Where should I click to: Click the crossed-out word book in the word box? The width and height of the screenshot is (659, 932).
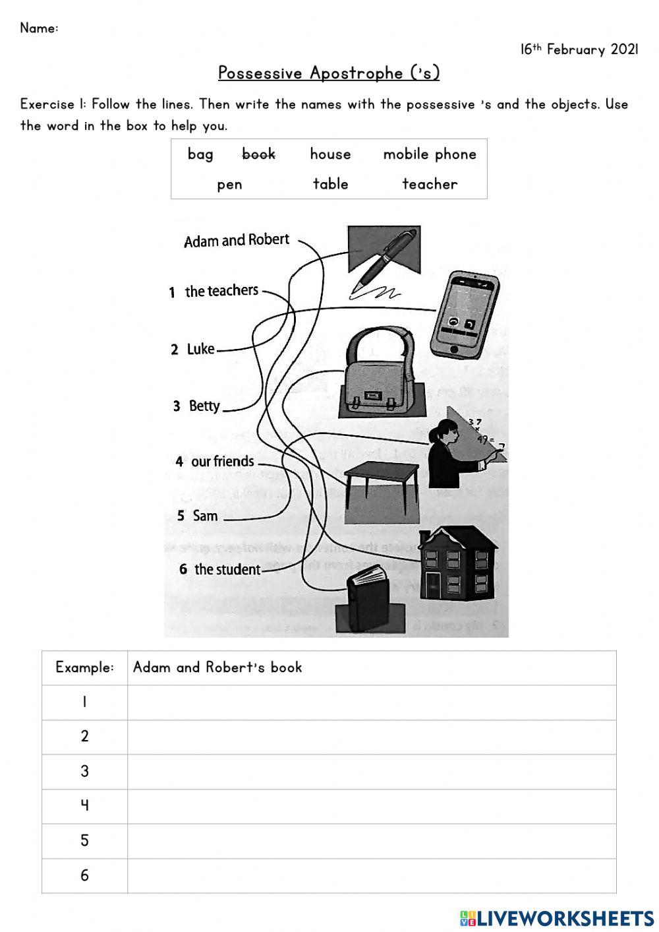coord(258,154)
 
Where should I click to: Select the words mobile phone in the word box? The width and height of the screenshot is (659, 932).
coord(430,154)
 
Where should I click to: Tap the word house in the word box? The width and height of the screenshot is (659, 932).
coord(330,154)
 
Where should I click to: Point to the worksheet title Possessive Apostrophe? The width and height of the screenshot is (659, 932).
coord(329,73)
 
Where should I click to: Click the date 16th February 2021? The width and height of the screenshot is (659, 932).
coord(579,49)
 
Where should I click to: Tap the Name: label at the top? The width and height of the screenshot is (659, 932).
coord(39,28)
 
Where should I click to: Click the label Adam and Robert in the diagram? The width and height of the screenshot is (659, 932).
coord(237,241)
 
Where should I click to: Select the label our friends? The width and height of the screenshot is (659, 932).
coord(222,462)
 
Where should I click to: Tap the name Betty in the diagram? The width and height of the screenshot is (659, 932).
coord(204,406)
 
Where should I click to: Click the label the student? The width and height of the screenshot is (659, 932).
coord(227,569)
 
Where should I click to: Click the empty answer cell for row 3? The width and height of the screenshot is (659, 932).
coord(372,772)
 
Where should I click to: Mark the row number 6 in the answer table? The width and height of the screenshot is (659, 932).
coord(84,875)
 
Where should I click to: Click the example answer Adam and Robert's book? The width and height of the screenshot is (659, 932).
coord(217,668)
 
